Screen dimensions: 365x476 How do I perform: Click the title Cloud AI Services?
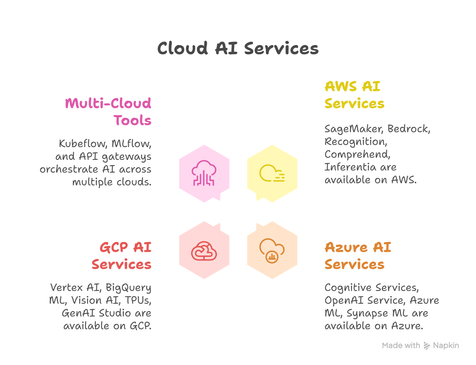[238, 49]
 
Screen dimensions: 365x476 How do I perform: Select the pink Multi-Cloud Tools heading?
[108, 112]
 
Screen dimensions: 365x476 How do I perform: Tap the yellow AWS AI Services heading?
[354, 95]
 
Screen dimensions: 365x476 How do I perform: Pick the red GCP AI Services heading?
[121, 255]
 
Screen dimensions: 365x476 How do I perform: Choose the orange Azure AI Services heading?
[358, 255]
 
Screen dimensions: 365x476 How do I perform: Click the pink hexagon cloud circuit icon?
[204, 173]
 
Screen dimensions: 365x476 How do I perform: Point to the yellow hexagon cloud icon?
[272, 173]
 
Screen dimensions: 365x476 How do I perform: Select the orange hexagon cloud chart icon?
[272, 250]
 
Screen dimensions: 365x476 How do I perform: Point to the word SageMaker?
[354, 129]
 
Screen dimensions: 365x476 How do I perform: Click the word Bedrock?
[408, 129]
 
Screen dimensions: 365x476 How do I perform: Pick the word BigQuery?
[128, 288]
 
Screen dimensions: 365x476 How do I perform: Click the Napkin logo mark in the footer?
[427, 346]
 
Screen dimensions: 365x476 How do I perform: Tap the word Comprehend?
[357, 155]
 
